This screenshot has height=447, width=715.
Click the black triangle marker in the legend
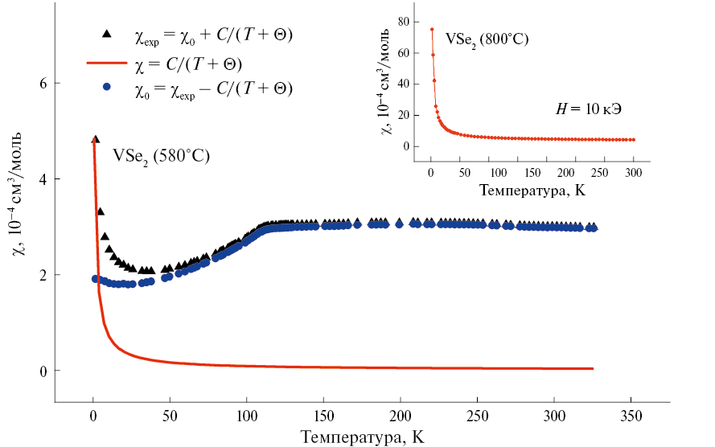coord(105,34)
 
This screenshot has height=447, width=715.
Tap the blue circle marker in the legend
coord(105,85)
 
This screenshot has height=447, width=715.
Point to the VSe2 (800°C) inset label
coord(487,39)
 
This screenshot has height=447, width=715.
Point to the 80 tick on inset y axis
coord(405,21)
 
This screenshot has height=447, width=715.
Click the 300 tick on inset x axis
coord(634,173)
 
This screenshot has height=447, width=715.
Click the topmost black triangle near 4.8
coord(95,139)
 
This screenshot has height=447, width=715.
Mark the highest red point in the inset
coord(432,30)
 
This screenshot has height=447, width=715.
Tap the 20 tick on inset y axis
coord(405,115)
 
